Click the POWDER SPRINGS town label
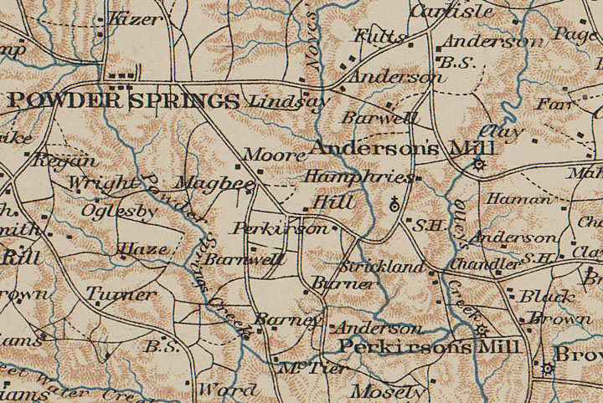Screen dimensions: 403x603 (123, 101)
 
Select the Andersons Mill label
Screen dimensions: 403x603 (402, 149)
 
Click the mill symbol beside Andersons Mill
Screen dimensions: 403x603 (479, 164)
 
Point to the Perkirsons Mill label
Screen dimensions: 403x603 (430, 347)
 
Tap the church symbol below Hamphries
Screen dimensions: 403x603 (395, 202)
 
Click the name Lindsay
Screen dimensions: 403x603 (287, 102)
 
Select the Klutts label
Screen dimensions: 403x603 (379, 37)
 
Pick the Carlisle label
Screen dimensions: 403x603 (451, 12)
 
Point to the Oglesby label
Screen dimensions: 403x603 (119, 212)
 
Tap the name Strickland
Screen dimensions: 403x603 (383, 268)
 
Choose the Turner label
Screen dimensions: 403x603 (121, 294)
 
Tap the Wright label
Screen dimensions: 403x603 (102, 183)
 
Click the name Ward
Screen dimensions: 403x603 (228, 390)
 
